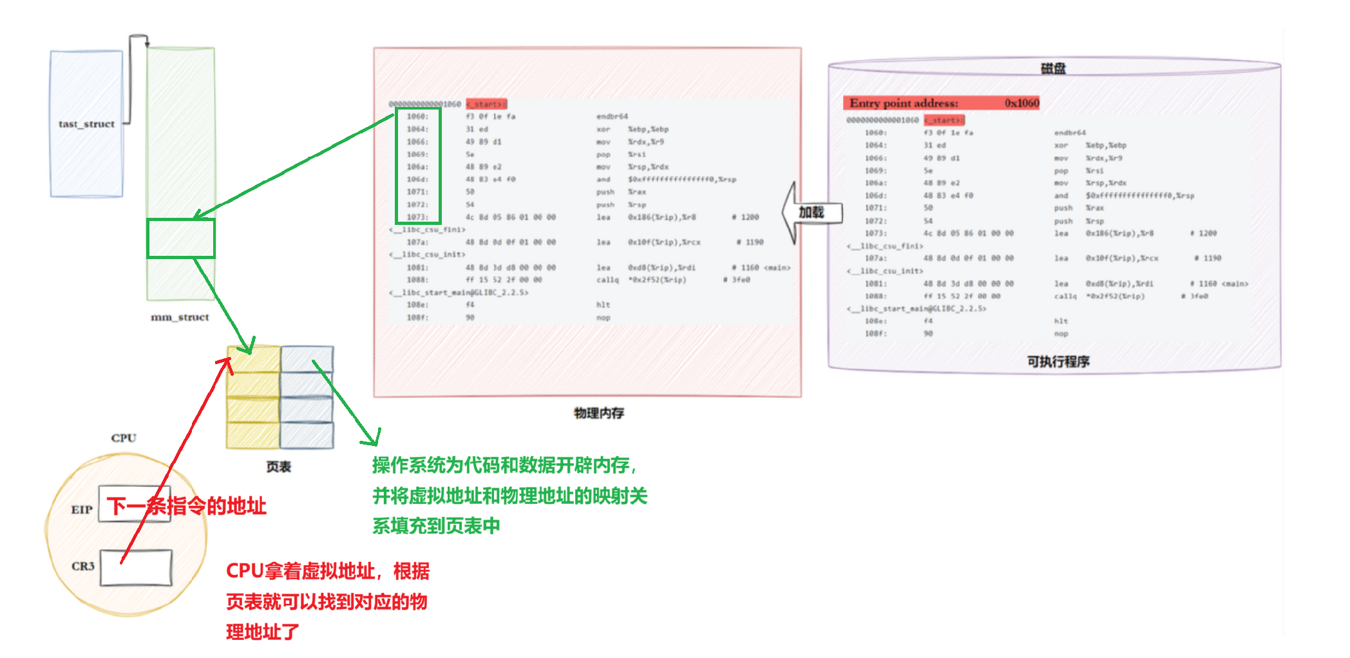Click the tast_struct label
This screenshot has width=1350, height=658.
[86, 124]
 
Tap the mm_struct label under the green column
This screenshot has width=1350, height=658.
[180, 317]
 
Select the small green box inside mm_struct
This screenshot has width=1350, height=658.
[181, 238]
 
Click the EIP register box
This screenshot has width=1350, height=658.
[134, 504]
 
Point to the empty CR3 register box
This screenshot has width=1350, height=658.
[136, 567]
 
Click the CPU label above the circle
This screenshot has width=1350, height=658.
[124, 438]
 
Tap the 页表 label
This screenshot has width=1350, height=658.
[279, 467]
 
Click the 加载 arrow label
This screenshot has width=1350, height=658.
[812, 212]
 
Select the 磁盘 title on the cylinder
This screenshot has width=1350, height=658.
[1053, 68]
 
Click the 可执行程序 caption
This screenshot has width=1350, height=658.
[1058, 362]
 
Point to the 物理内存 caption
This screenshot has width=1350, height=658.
[599, 413]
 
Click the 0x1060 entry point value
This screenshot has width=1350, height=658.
[1022, 103]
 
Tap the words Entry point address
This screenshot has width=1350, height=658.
[903, 103]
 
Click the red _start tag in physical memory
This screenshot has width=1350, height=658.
[486, 104]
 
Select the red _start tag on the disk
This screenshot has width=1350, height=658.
[944, 120]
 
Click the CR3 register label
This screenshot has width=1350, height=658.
[83, 566]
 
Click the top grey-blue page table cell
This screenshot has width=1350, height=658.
[307, 359]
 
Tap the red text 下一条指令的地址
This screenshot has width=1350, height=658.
[187, 506]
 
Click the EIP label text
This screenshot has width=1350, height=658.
[82, 510]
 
